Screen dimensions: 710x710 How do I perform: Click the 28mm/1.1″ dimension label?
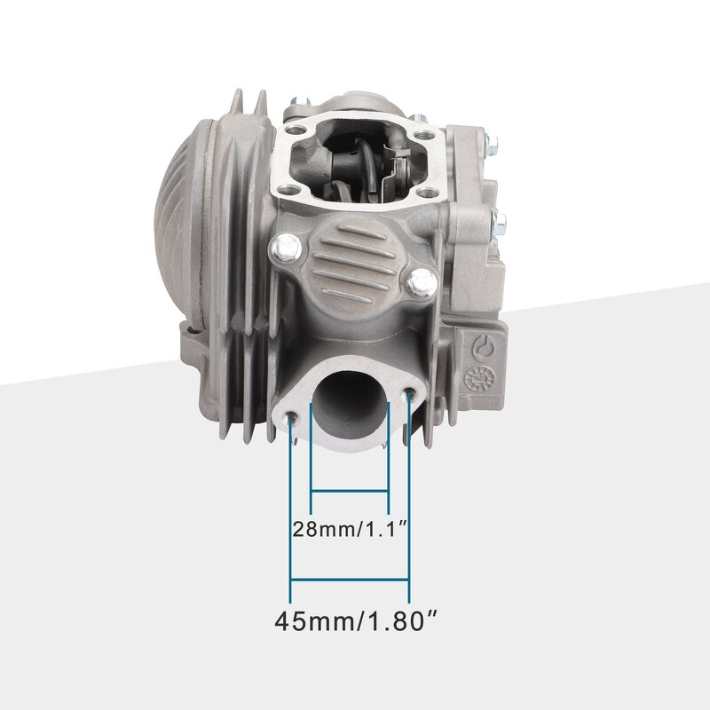[x=350, y=530]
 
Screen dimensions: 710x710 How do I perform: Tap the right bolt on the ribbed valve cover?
[x=422, y=282]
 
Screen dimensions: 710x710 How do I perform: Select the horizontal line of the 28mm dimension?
[x=350, y=490]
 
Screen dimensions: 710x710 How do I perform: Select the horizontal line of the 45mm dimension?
[x=350, y=581]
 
